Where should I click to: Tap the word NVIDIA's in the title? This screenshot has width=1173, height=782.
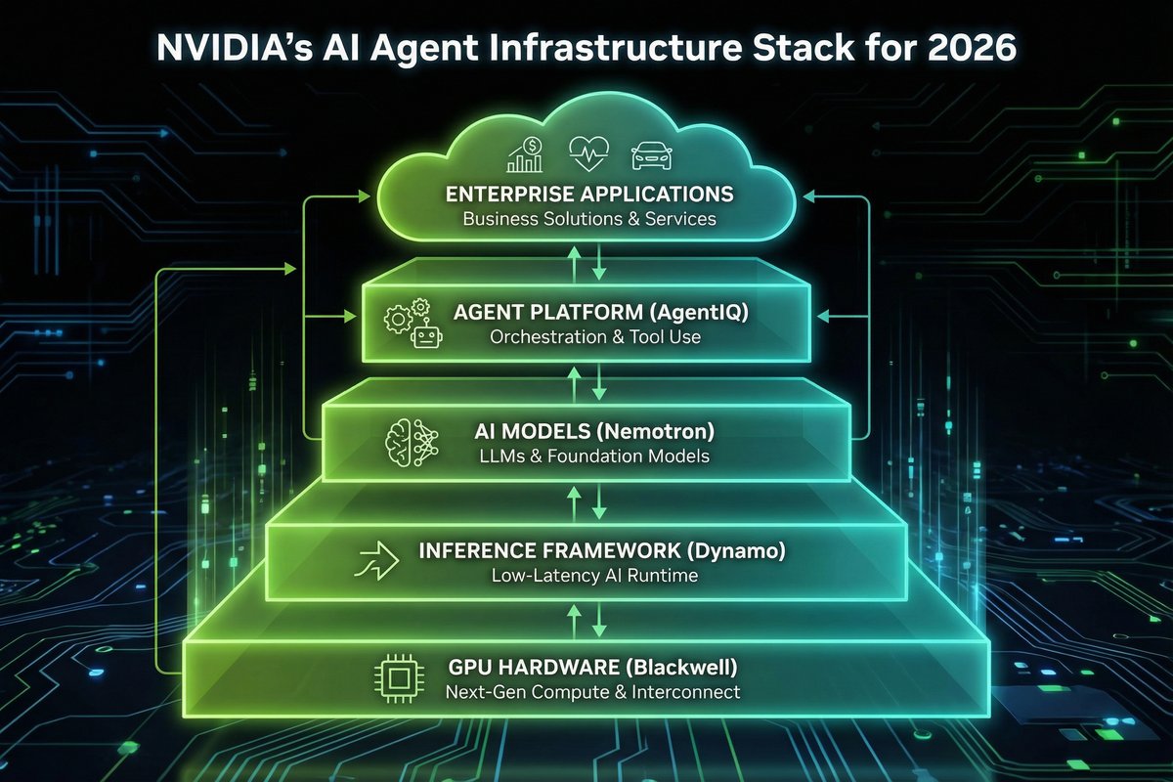pyautogui.click(x=234, y=47)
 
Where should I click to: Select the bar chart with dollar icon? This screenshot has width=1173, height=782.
pyautogui.click(x=525, y=154)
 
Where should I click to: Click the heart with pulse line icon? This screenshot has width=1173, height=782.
pyautogui.click(x=588, y=153)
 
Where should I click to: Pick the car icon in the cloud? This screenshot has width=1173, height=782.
pyautogui.click(x=651, y=156)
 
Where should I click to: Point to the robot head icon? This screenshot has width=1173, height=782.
pyautogui.click(x=427, y=334)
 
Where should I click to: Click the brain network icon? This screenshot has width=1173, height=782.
pyautogui.click(x=412, y=443)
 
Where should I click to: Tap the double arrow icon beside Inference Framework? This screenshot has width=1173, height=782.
pyautogui.click(x=376, y=561)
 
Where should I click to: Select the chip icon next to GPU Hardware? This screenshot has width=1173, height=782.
pyautogui.click(x=399, y=678)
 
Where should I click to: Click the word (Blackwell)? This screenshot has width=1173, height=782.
pyautogui.click(x=681, y=668)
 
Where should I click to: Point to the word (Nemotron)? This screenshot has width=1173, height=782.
pyautogui.click(x=655, y=432)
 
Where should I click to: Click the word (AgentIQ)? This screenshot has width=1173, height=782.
pyautogui.click(x=699, y=313)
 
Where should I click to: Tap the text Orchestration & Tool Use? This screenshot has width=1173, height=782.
pyautogui.click(x=595, y=337)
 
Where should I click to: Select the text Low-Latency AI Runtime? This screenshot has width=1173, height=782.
pyautogui.click(x=594, y=576)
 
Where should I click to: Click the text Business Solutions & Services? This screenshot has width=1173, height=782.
pyautogui.click(x=589, y=219)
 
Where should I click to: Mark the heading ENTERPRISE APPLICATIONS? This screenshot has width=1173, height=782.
pyautogui.click(x=589, y=195)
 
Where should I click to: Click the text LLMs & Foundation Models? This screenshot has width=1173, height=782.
pyautogui.click(x=594, y=456)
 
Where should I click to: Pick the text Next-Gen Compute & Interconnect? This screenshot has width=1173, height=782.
pyautogui.click(x=592, y=692)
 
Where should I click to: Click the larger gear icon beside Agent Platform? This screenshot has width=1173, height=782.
pyautogui.click(x=398, y=319)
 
